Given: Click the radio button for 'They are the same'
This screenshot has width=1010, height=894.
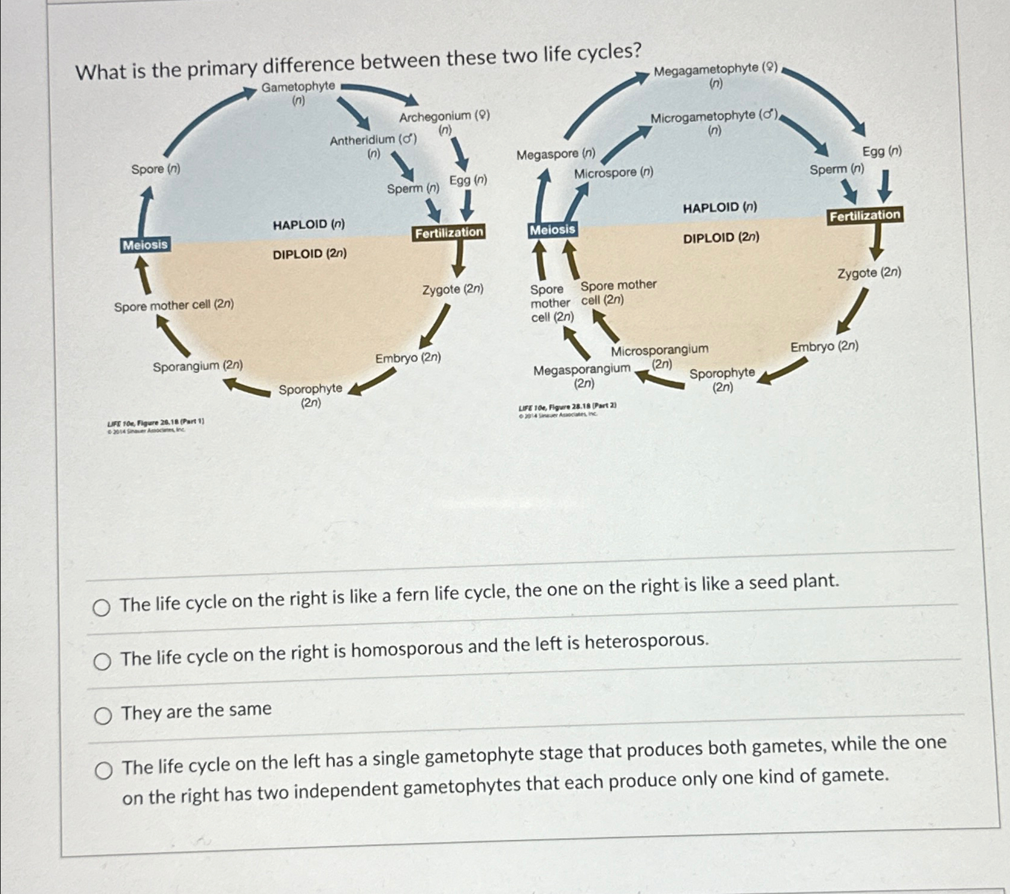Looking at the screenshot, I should coord(103,716).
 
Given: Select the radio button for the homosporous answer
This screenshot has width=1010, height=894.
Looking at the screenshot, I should coord(102,661).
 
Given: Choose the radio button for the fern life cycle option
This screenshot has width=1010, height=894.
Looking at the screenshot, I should coord(101,608).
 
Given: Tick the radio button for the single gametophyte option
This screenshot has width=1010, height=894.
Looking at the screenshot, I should coord(104,770).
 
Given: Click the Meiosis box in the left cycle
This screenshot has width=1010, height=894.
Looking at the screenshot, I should coord(145,245).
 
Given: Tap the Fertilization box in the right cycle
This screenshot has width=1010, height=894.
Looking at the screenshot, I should coord(865,215).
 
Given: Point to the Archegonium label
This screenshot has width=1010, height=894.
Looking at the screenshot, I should coord(444,116).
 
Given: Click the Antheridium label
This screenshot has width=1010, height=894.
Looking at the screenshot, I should coord(373,140).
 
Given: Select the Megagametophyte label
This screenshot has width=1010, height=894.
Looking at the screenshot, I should coord(715,70).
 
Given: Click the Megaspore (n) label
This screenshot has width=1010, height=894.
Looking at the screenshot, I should coord(556,154).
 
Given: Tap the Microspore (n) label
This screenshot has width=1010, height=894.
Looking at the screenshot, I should coord(613,173).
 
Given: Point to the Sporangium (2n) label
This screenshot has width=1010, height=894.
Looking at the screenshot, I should coord(198,366).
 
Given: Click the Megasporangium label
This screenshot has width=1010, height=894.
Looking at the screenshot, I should coord(581,370).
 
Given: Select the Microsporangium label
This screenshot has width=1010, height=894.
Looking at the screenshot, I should coord(659,350).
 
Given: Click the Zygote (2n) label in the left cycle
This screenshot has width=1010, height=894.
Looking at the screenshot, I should coord(453,290).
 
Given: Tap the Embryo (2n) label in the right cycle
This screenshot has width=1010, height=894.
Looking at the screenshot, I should coord(824,347).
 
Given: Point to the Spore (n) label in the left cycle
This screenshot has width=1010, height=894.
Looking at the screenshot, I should coord(156,169).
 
